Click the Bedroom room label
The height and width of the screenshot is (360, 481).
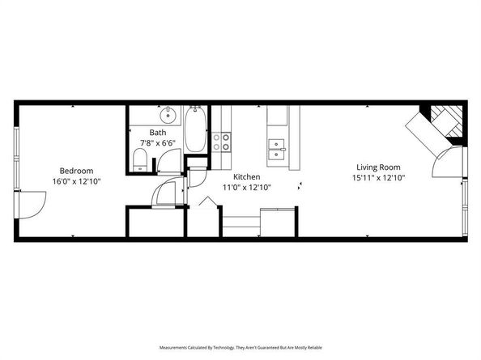76,171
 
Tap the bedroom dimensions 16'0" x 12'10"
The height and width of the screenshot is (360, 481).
76,181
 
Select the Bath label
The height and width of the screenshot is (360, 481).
158,133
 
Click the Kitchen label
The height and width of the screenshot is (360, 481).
246,176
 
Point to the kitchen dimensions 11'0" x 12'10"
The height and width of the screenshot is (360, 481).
246,187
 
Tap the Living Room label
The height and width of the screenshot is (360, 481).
378,167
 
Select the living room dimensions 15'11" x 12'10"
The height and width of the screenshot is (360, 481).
378,177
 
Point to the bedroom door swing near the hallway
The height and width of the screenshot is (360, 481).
168,193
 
